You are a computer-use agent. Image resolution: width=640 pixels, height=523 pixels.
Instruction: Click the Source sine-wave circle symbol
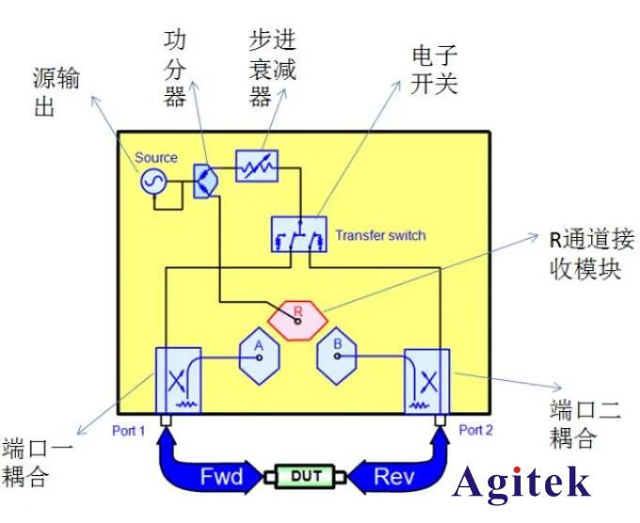click(152, 182)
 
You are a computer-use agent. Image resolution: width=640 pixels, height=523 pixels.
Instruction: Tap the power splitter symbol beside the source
click(205, 181)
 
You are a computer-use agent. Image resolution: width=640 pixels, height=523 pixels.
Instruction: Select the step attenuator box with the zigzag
click(256, 166)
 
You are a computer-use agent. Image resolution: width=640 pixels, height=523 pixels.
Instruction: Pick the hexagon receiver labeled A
click(257, 354)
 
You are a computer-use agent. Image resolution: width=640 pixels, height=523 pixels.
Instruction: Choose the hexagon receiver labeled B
click(337, 355)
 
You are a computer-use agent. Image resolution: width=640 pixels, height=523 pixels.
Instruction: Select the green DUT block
click(298, 476)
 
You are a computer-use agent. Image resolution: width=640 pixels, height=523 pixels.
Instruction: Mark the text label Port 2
click(476, 430)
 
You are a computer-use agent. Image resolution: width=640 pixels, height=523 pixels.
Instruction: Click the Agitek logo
click(522, 483)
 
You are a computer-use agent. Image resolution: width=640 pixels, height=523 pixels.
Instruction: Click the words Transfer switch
click(380, 234)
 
